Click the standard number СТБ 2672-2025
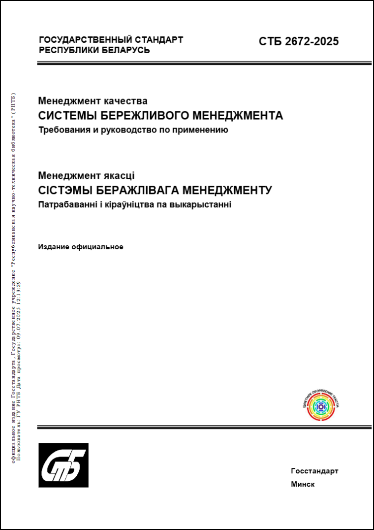click(299, 41)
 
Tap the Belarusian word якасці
click(119, 175)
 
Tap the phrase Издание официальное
click(81, 247)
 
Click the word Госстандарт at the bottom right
click(314, 471)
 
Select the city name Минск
click(303, 484)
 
